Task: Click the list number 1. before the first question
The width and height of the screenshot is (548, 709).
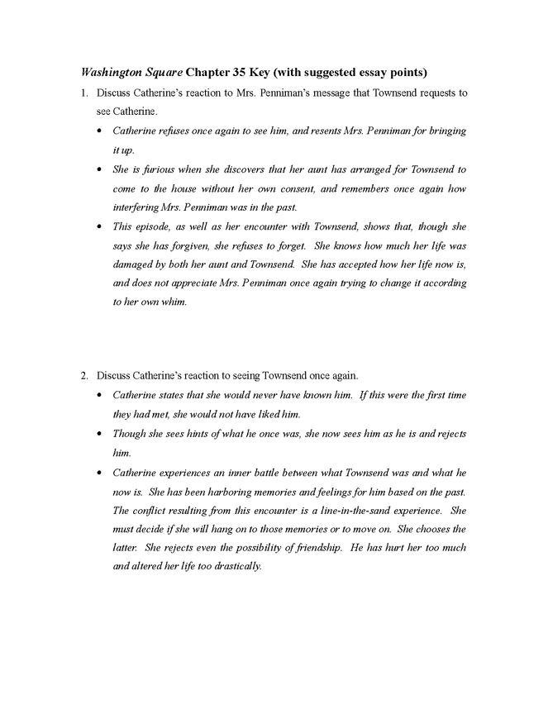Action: (x=84, y=93)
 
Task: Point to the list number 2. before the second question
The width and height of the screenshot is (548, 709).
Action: (x=84, y=376)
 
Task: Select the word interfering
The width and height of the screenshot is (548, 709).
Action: (x=140, y=207)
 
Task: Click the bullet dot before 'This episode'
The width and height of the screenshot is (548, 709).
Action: (x=100, y=226)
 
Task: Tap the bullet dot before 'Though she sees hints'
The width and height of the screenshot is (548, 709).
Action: (x=100, y=433)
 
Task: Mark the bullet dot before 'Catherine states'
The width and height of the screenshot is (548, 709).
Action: (x=100, y=395)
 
